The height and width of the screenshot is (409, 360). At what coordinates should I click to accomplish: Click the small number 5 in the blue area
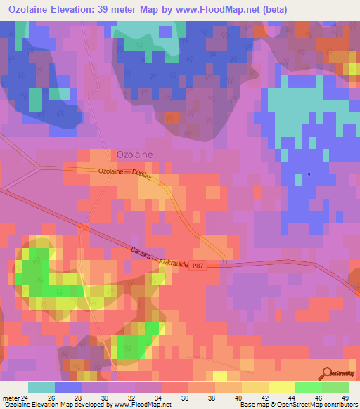tap(308, 175)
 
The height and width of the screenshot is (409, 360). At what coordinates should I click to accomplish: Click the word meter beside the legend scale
tap(11, 398)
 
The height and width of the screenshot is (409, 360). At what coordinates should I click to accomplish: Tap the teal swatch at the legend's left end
tap(41, 387)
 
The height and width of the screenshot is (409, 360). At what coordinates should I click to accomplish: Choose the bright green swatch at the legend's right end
tap(335, 387)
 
